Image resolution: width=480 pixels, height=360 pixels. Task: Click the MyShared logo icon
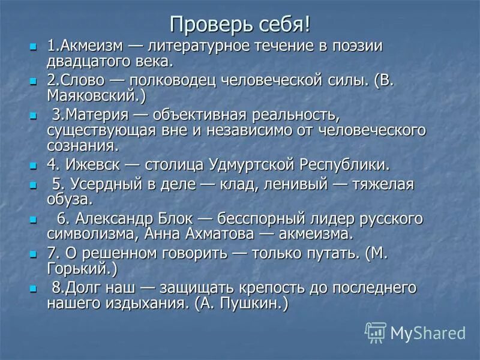[x=376, y=332]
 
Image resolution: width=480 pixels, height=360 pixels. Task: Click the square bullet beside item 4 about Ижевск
[x=33, y=164]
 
